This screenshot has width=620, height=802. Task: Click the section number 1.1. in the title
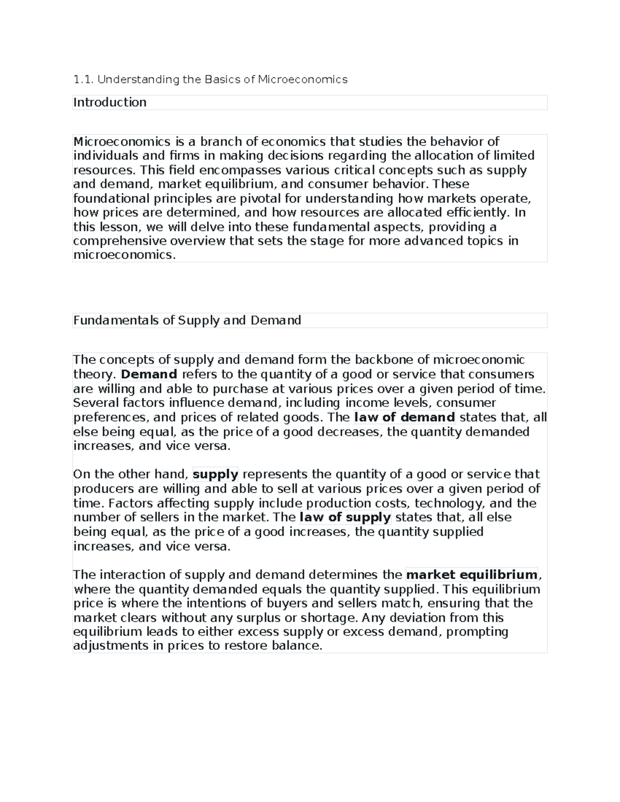[x=83, y=80]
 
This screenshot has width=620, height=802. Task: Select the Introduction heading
[x=110, y=102]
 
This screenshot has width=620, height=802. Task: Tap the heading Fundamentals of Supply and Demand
[x=187, y=320]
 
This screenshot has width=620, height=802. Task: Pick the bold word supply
[x=215, y=475]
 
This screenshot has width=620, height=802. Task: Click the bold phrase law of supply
[x=345, y=517]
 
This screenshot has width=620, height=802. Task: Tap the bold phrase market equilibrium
[x=472, y=575]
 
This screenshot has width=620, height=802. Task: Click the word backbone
[x=370, y=360]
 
